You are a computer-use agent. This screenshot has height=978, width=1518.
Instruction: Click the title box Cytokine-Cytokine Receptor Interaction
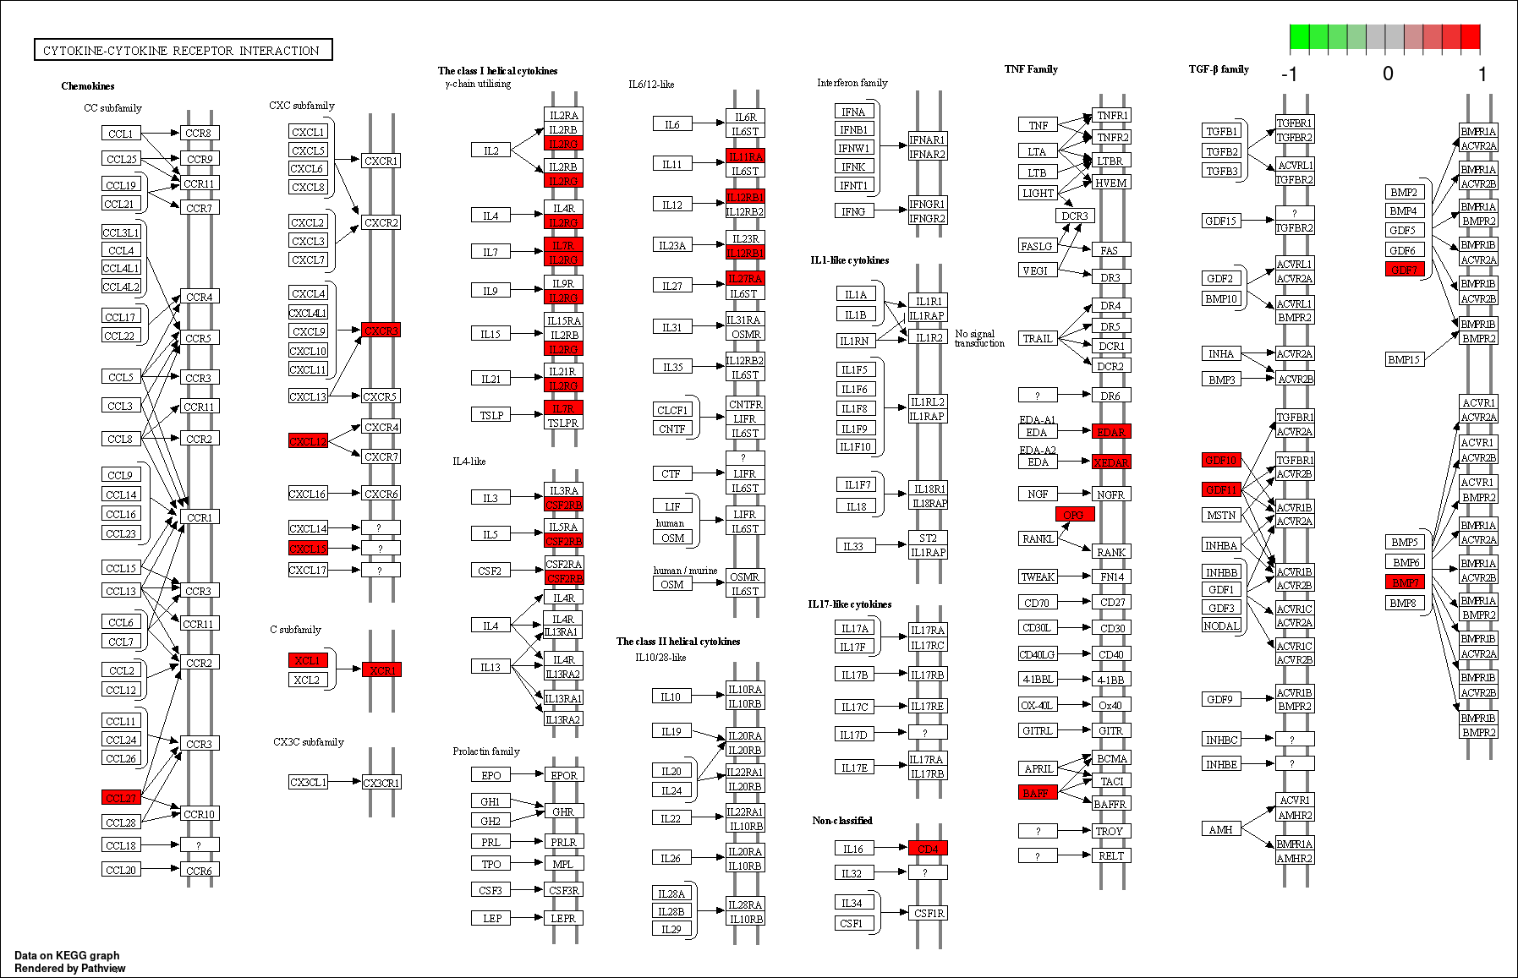[x=182, y=50]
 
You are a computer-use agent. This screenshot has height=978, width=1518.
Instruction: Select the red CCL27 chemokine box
[x=121, y=797]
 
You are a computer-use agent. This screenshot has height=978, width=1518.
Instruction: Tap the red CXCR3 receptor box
[x=381, y=330]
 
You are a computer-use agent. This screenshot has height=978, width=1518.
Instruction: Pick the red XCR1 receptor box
[x=381, y=669]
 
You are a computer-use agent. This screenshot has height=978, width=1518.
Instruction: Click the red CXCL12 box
[x=308, y=440]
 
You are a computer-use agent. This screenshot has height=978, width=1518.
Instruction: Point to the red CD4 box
[x=928, y=848]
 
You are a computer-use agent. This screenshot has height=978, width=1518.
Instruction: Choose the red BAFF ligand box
[x=1037, y=792]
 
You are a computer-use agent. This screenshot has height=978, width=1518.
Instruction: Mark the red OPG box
[x=1074, y=514]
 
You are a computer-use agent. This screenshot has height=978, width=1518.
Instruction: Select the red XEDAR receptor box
[x=1110, y=462]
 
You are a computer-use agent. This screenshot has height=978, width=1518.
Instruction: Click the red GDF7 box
[x=1404, y=269]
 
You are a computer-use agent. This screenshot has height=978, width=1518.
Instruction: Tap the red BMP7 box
[x=1405, y=582]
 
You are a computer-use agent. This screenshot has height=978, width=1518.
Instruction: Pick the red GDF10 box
[x=1221, y=460]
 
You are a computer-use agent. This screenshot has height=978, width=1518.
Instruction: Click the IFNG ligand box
[x=853, y=210]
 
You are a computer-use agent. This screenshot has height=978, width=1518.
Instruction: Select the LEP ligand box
[x=491, y=917]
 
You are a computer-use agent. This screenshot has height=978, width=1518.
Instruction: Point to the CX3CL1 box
[x=308, y=782]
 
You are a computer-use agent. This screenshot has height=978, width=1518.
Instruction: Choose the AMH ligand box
[x=1220, y=829]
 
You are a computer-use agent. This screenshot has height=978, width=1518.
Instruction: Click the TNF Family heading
[x=1031, y=69]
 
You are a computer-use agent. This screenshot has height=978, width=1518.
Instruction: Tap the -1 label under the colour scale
[x=1289, y=74]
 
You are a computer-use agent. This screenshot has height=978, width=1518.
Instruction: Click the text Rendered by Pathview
[x=70, y=968]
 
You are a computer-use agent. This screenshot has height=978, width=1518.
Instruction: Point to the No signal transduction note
[x=979, y=338]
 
